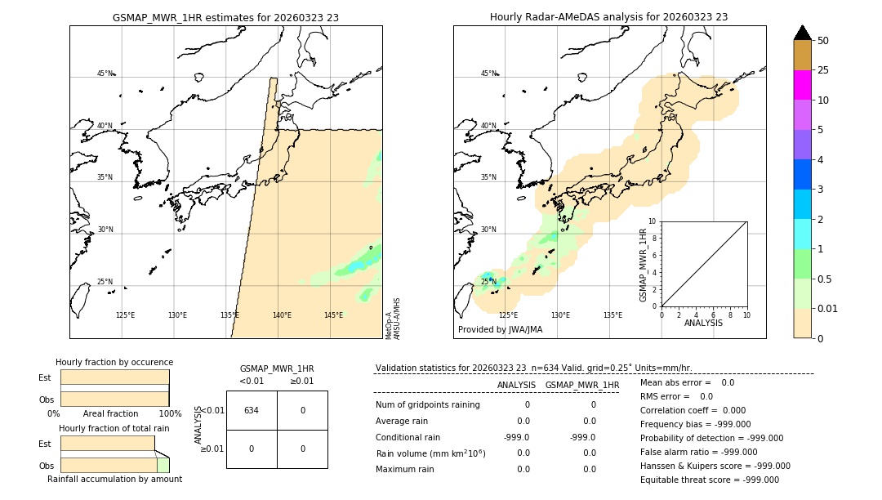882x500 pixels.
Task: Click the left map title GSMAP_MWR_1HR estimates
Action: click(x=225, y=17)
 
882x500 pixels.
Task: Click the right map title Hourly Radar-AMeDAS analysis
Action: click(x=608, y=17)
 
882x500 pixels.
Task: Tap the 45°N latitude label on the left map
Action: click(x=105, y=74)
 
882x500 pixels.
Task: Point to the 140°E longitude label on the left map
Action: click(x=282, y=315)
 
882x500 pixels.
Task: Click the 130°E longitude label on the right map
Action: click(x=560, y=315)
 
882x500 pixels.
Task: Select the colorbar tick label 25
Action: click(x=824, y=70)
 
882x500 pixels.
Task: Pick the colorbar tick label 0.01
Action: click(x=829, y=308)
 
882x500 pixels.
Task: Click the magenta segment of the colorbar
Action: click(x=803, y=85)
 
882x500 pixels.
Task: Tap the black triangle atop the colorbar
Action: click(x=803, y=33)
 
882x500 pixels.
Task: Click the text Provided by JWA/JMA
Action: click(x=500, y=330)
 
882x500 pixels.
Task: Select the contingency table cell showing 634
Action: click(x=252, y=410)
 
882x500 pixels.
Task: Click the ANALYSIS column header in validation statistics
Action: click(x=516, y=385)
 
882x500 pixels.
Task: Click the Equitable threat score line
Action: click(x=709, y=480)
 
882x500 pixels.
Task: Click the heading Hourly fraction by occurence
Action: click(x=114, y=362)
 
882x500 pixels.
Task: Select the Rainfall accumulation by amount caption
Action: click(x=114, y=480)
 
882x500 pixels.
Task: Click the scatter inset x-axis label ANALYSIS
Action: click(x=703, y=323)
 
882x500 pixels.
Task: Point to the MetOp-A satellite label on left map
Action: click(x=389, y=325)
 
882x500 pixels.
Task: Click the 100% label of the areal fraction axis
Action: click(x=170, y=414)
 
